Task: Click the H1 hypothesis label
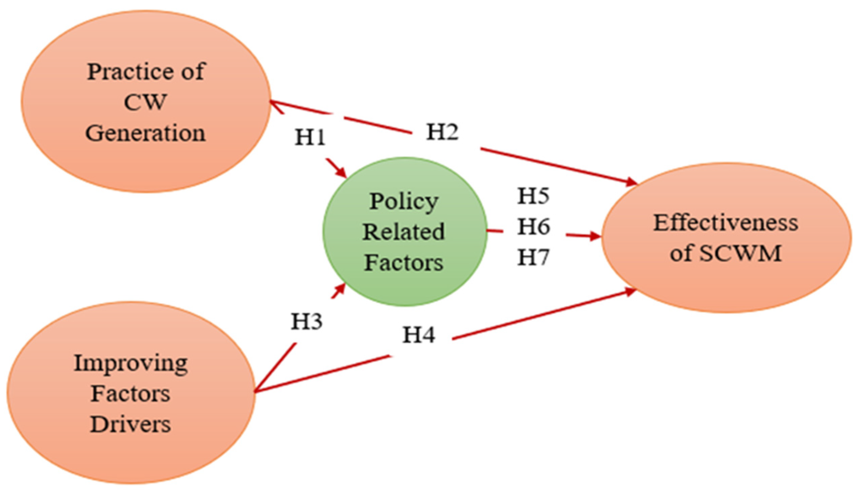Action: coord(310,138)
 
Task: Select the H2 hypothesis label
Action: coord(442,132)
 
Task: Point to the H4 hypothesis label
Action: coord(419,335)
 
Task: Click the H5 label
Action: coord(533,196)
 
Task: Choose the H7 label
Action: coord(533,257)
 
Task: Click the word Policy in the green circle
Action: coord(404,202)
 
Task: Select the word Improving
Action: coord(131,364)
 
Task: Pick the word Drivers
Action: coord(130,425)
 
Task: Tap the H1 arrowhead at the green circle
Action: coord(342,173)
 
